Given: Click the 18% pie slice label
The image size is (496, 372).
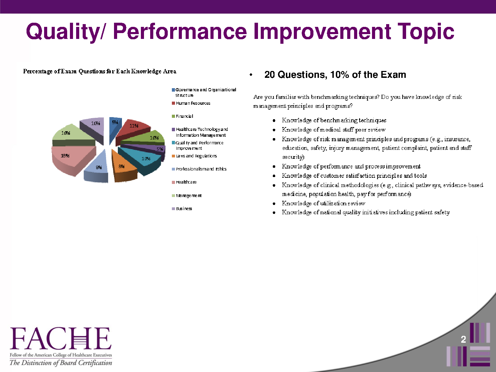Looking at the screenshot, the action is tap(65, 156).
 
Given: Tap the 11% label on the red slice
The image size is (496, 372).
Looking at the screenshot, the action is tap(134, 126).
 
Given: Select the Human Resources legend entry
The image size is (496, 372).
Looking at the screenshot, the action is tap(191, 103).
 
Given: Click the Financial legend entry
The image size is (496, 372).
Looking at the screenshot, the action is tap(183, 116).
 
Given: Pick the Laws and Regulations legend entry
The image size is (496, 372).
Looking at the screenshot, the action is tap(194, 156).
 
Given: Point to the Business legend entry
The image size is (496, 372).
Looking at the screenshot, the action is tap(182, 209).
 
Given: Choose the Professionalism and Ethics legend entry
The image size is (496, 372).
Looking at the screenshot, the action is tap(199, 169).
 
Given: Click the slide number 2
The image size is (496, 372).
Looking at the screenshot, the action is tap(463, 339).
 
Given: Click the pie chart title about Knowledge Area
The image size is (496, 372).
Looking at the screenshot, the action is tap(100, 71).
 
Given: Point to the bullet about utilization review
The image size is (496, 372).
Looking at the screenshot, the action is tap(323, 204).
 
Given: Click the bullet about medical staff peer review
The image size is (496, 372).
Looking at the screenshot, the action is tap(333, 130).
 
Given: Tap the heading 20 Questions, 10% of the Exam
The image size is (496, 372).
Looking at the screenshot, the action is tap(335, 75).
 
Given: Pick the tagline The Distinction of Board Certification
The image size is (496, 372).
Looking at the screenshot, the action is tap(61, 363).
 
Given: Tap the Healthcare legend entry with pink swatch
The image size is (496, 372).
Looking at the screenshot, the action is tap(184, 182).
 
